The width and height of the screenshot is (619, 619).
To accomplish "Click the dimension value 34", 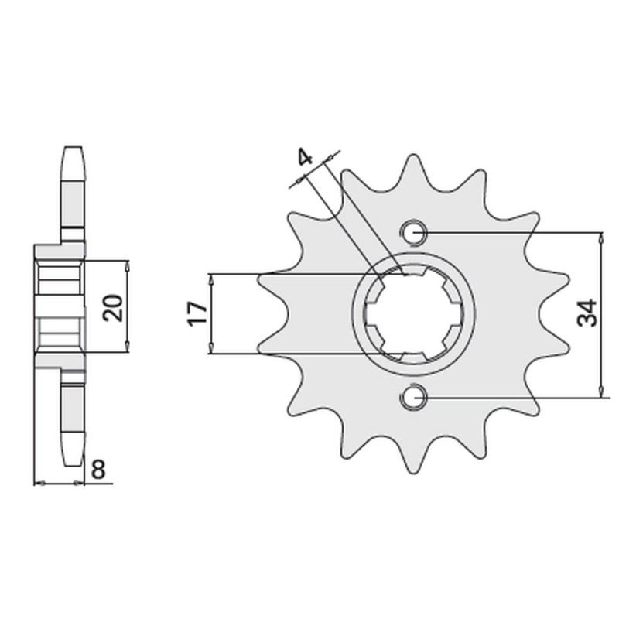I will [x=587, y=313].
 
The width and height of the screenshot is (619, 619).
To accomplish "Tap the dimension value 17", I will [x=197, y=313].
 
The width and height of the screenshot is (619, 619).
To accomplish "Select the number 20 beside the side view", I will [x=115, y=307].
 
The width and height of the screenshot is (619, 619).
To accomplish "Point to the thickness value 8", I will [x=99, y=470].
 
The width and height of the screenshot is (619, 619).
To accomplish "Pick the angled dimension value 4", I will [x=305, y=159].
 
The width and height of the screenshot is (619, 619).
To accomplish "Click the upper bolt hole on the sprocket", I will [x=413, y=231].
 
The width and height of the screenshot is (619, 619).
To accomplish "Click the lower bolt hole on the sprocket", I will [x=413, y=397].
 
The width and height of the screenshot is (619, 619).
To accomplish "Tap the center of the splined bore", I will [x=413, y=313].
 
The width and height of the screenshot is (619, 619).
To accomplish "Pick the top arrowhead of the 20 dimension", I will [x=128, y=264].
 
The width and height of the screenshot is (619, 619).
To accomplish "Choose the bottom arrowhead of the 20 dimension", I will [x=128, y=351].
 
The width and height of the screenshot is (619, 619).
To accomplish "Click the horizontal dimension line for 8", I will [x=60, y=484].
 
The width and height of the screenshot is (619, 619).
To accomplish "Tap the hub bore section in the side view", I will [x=60, y=307].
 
